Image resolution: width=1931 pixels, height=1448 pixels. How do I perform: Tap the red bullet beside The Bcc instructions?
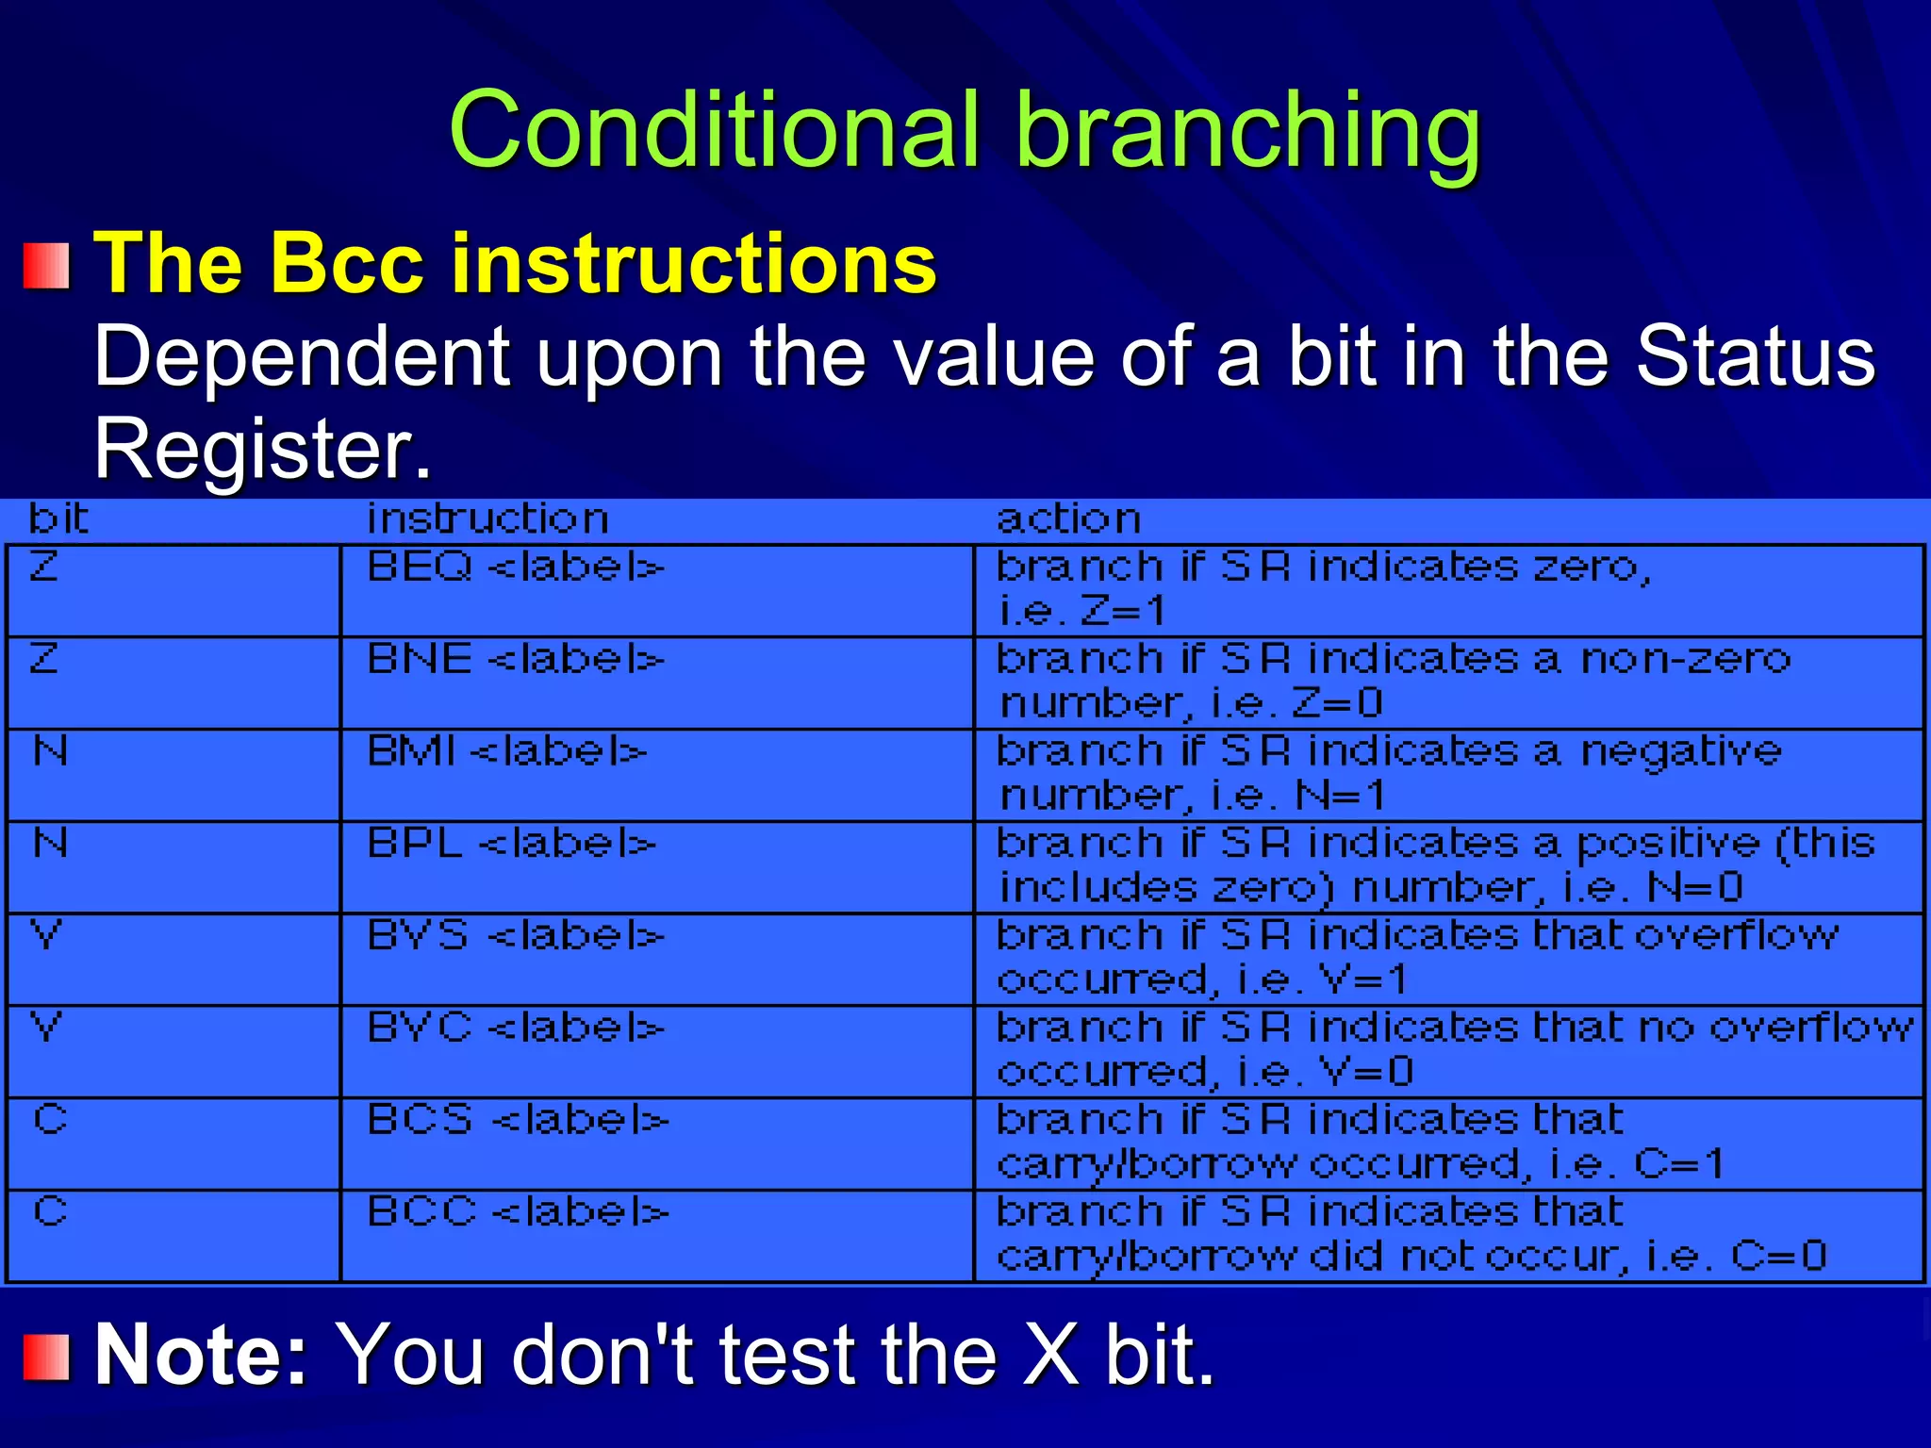pos(46,266)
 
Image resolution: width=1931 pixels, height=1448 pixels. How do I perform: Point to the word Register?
pos(262,449)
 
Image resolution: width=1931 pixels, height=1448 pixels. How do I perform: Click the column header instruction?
pos(487,519)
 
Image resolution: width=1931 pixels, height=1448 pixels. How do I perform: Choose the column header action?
pos(1068,519)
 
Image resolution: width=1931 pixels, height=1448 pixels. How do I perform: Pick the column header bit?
pos(58,519)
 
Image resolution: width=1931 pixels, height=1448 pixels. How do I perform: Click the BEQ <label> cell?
pos(515,568)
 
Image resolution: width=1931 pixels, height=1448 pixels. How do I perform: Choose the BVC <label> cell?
pos(515,1028)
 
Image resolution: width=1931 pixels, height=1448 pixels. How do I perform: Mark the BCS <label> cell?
pos(518,1120)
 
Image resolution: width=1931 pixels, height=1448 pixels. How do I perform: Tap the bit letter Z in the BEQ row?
pos(44,567)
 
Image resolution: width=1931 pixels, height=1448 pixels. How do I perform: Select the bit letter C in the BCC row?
pos(50,1211)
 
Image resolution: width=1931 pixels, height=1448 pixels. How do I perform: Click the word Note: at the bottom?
pos(201,1356)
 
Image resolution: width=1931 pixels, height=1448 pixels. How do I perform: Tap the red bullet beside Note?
pos(46,1357)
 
